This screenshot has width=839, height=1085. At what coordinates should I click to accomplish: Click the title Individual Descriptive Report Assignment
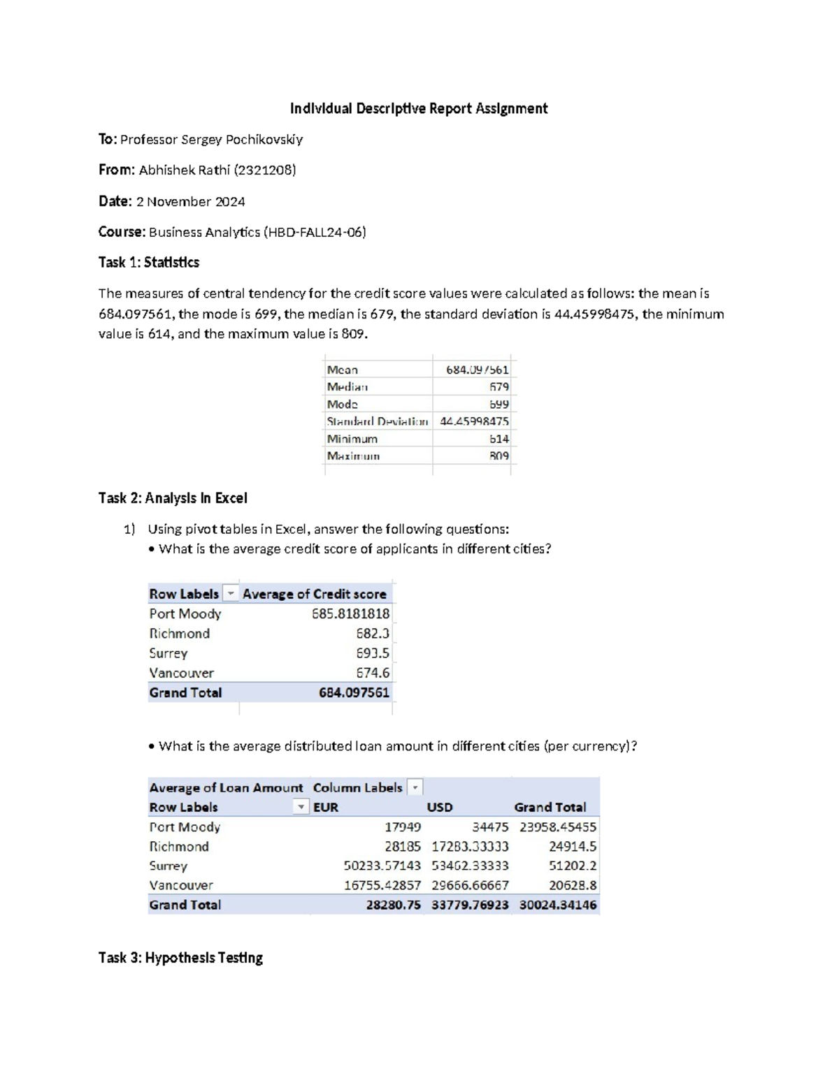(x=419, y=108)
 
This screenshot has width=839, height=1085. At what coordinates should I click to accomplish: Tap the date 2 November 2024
(x=190, y=201)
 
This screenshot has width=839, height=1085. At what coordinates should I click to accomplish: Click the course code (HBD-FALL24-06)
(x=315, y=232)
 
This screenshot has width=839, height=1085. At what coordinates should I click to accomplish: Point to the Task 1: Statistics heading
(x=149, y=263)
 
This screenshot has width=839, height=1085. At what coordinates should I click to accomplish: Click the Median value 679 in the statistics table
(x=499, y=387)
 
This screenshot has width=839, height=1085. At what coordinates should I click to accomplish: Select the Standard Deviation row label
(x=377, y=421)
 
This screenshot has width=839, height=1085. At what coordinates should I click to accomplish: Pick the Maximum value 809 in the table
(x=499, y=456)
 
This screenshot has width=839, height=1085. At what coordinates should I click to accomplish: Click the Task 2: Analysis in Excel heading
(x=173, y=498)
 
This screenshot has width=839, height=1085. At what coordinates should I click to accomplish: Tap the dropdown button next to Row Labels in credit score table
(x=230, y=594)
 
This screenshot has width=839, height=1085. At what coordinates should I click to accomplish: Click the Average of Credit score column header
(x=314, y=594)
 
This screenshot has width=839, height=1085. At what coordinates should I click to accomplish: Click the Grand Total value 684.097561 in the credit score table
(x=354, y=692)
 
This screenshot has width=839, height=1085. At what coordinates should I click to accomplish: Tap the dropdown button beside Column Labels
(x=415, y=787)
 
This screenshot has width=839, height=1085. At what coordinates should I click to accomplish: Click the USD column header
(x=440, y=807)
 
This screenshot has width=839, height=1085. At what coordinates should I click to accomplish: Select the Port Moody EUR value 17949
(x=403, y=827)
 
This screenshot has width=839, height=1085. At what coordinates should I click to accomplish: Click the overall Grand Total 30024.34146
(x=558, y=905)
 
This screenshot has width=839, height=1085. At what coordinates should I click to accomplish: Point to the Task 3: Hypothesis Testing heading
(x=180, y=958)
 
